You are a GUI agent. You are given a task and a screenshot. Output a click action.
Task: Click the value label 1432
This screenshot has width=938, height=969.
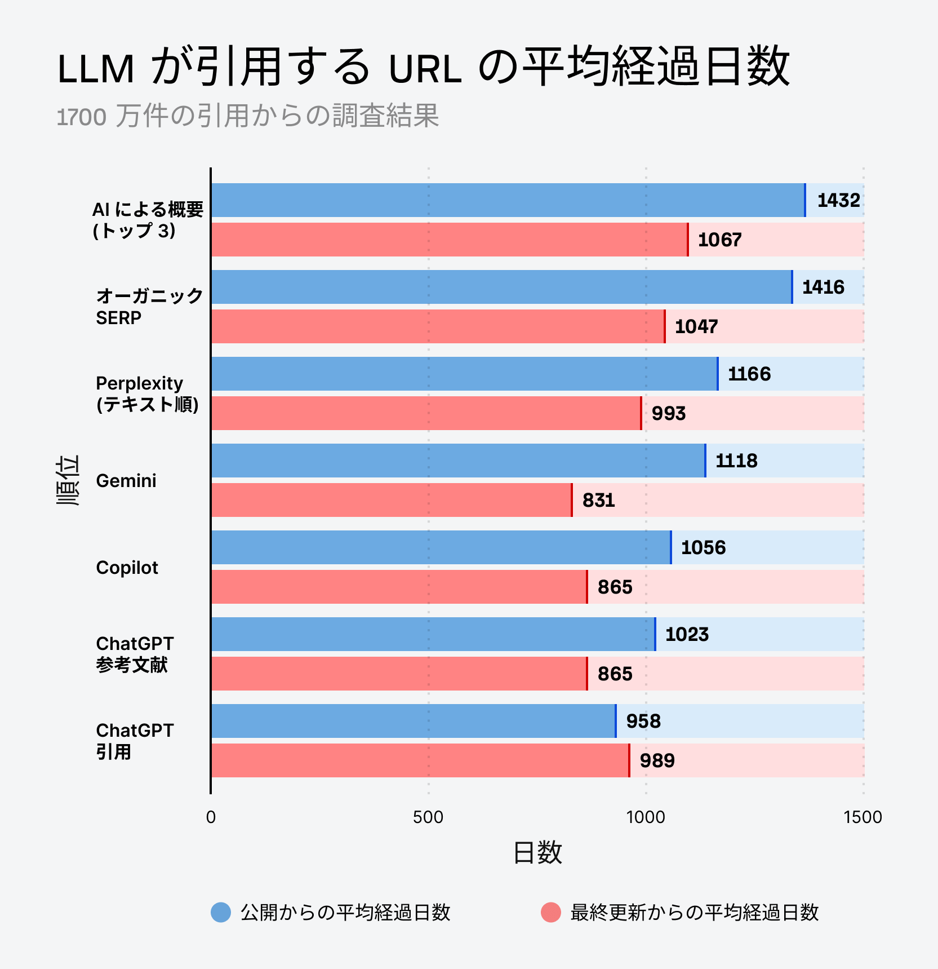(x=838, y=200)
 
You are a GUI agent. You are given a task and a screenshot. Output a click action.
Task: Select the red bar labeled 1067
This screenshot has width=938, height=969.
(x=449, y=240)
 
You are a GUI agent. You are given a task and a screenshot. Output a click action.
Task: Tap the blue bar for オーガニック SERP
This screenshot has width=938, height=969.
(x=501, y=287)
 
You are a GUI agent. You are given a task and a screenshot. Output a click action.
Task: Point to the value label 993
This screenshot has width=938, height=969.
(x=668, y=413)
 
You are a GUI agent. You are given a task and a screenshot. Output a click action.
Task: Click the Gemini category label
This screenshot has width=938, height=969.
(x=126, y=481)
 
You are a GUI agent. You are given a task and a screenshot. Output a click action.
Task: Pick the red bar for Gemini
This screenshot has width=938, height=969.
(x=391, y=500)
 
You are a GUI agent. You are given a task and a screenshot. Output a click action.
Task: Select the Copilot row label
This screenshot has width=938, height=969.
(x=127, y=568)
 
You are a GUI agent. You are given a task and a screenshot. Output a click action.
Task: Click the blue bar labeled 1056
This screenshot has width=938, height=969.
(x=441, y=547)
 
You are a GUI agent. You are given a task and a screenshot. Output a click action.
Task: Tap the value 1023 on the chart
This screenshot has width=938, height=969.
(x=687, y=634)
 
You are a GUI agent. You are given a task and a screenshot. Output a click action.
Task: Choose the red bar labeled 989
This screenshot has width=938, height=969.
(x=420, y=760)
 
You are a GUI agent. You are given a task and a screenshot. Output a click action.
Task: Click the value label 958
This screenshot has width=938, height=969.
(x=643, y=721)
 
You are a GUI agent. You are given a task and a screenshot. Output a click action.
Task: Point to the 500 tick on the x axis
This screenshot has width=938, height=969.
(x=428, y=817)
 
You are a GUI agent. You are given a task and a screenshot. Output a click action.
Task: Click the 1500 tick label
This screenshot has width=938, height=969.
(x=863, y=817)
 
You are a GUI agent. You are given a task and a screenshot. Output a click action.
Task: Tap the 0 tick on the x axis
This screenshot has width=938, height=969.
(x=211, y=817)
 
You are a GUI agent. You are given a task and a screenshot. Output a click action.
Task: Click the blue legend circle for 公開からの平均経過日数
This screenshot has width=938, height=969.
(x=221, y=912)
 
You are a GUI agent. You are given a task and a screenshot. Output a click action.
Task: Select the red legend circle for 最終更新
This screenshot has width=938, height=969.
(x=550, y=912)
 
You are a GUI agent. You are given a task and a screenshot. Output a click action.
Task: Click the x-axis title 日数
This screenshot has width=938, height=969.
(x=537, y=852)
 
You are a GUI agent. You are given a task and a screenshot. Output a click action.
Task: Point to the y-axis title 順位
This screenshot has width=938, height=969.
(x=68, y=480)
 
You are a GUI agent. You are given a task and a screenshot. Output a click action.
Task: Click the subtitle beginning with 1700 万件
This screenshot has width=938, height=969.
(x=248, y=116)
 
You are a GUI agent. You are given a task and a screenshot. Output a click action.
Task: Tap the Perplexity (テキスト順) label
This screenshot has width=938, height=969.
(x=147, y=393)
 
